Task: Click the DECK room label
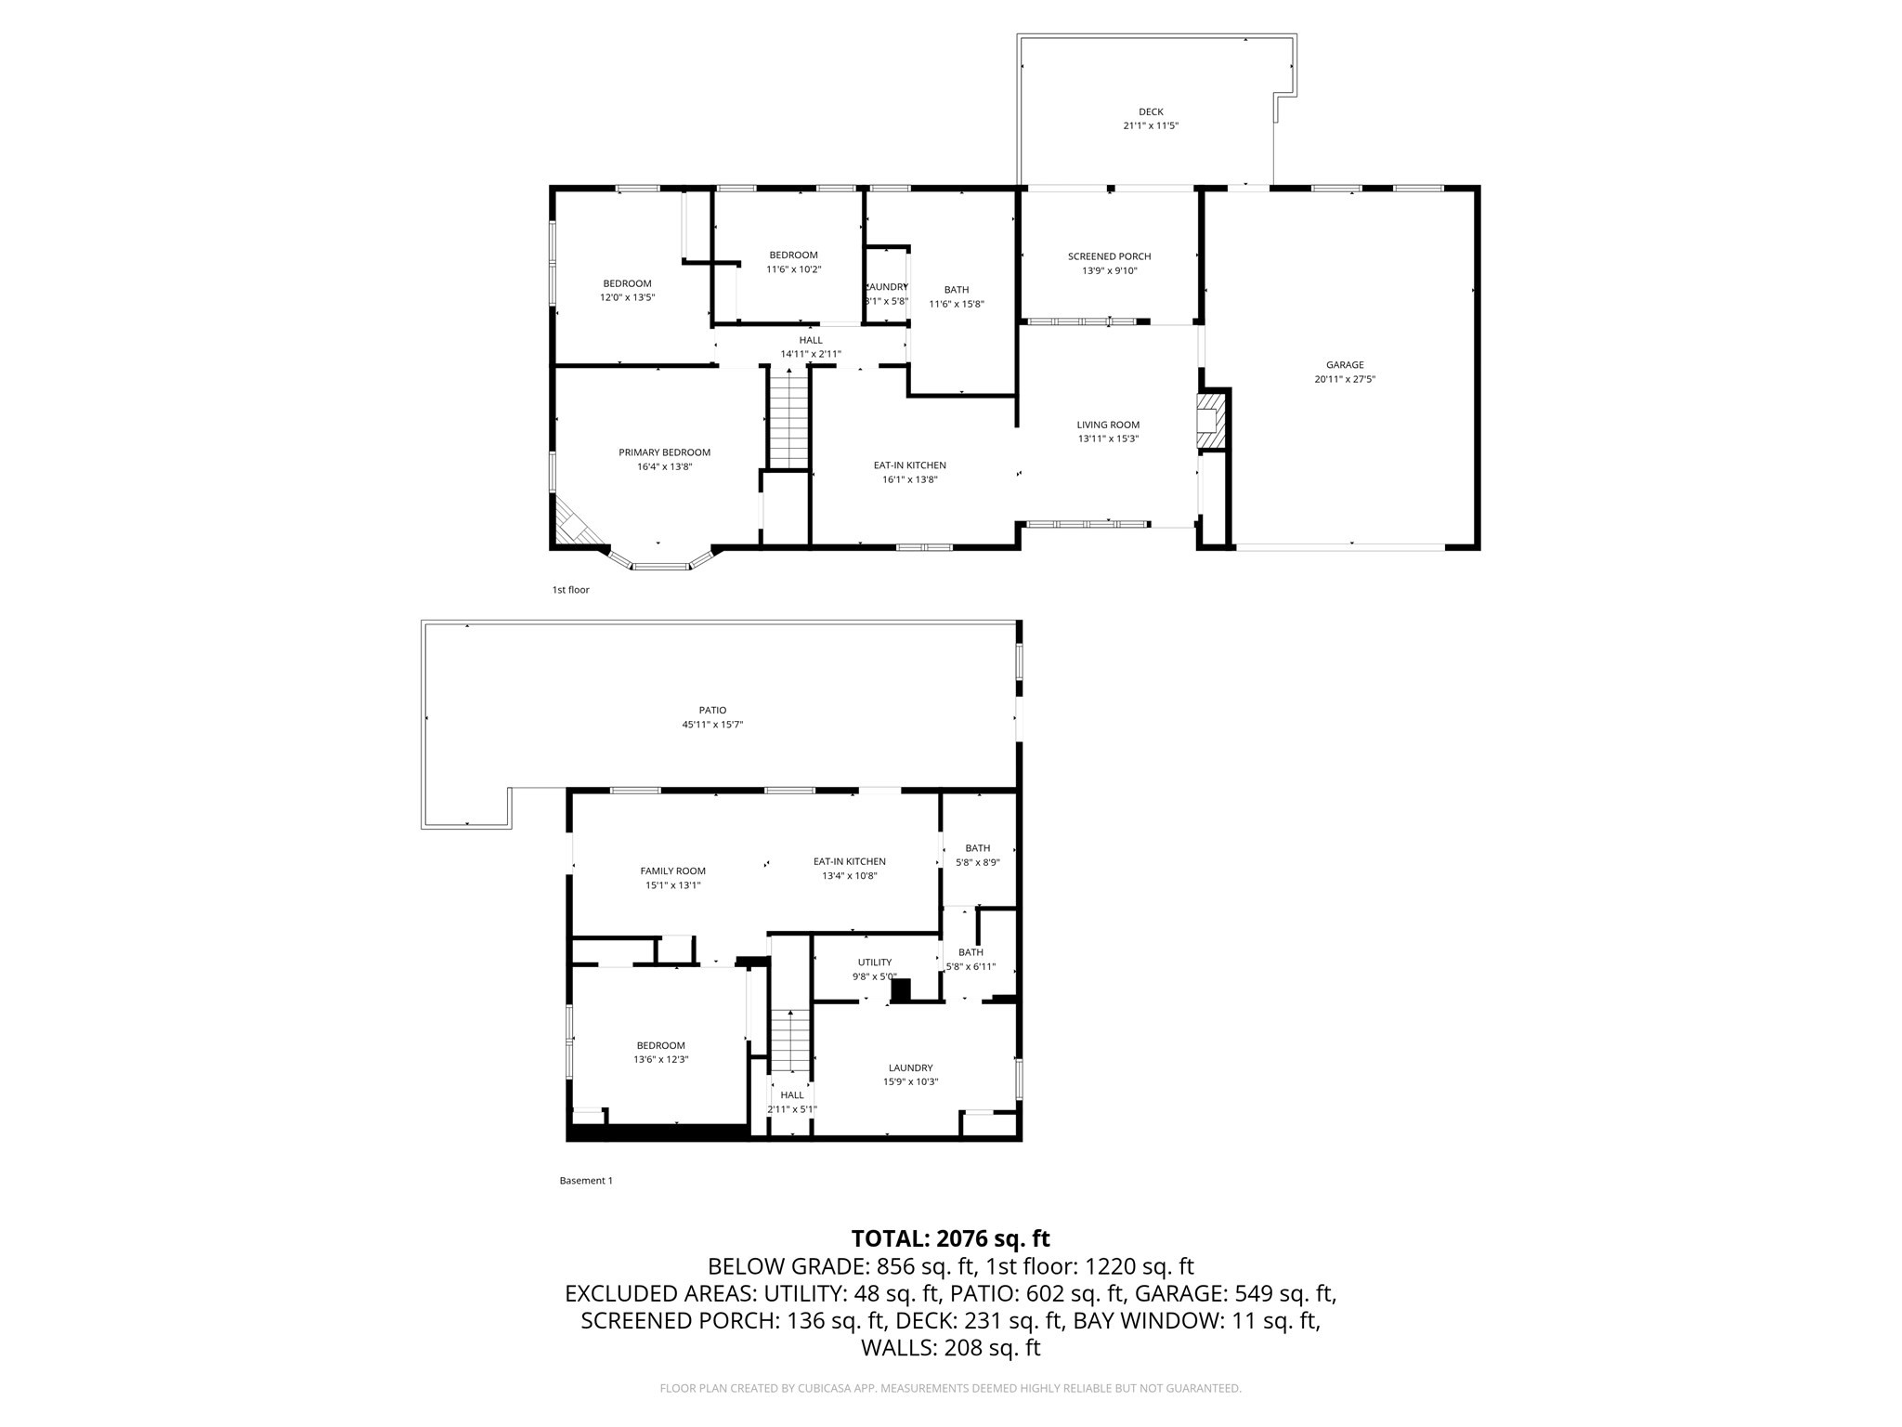(1150, 112)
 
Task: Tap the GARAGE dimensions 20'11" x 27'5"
(1344, 379)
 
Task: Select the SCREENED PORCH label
(1109, 256)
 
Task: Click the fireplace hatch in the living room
(1210, 421)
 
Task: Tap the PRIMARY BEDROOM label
(664, 452)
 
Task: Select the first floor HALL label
(810, 340)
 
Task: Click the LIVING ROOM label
(1108, 425)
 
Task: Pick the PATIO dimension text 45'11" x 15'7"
(712, 725)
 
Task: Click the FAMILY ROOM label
(672, 871)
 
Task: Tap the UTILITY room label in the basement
(874, 962)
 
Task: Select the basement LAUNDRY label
(910, 1067)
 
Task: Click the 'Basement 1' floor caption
(585, 1181)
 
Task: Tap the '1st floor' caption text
(570, 590)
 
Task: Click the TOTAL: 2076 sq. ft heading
(950, 1238)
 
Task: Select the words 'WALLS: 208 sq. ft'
(950, 1348)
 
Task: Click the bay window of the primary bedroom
(661, 564)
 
